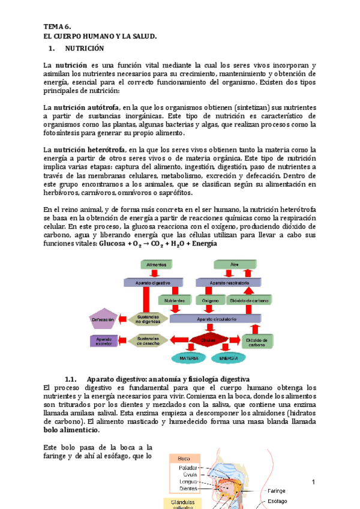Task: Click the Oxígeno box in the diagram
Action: click(x=211, y=299)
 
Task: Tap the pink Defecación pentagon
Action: click(x=104, y=320)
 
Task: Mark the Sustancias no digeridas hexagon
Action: click(x=147, y=319)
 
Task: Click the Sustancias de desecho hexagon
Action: click(x=147, y=340)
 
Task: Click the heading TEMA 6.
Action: click(x=57, y=27)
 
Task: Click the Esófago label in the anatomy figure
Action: click(x=277, y=501)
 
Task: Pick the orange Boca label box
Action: click(x=184, y=459)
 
